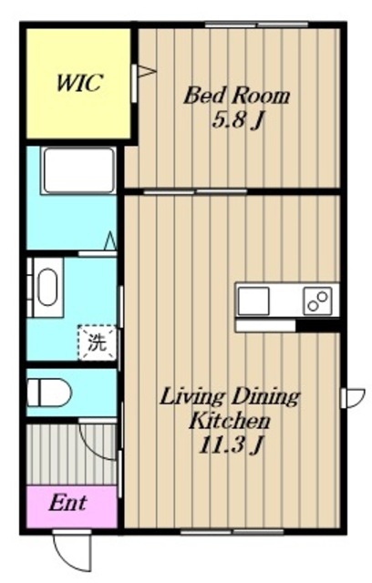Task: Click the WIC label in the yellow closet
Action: click(x=78, y=83)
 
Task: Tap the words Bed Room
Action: click(x=237, y=96)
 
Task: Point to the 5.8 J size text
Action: click(x=236, y=120)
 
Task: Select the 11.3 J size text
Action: click(x=232, y=445)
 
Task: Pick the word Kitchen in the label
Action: click(x=230, y=421)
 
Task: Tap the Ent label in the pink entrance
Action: click(x=67, y=503)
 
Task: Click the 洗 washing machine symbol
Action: click(x=97, y=343)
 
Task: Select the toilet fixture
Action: click(x=49, y=393)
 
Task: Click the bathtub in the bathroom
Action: click(x=78, y=170)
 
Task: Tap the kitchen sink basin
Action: click(x=253, y=301)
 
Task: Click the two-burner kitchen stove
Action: click(x=317, y=301)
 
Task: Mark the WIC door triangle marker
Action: click(x=146, y=71)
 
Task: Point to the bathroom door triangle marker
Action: click(x=110, y=240)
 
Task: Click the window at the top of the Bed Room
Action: click(x=257, y=25)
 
